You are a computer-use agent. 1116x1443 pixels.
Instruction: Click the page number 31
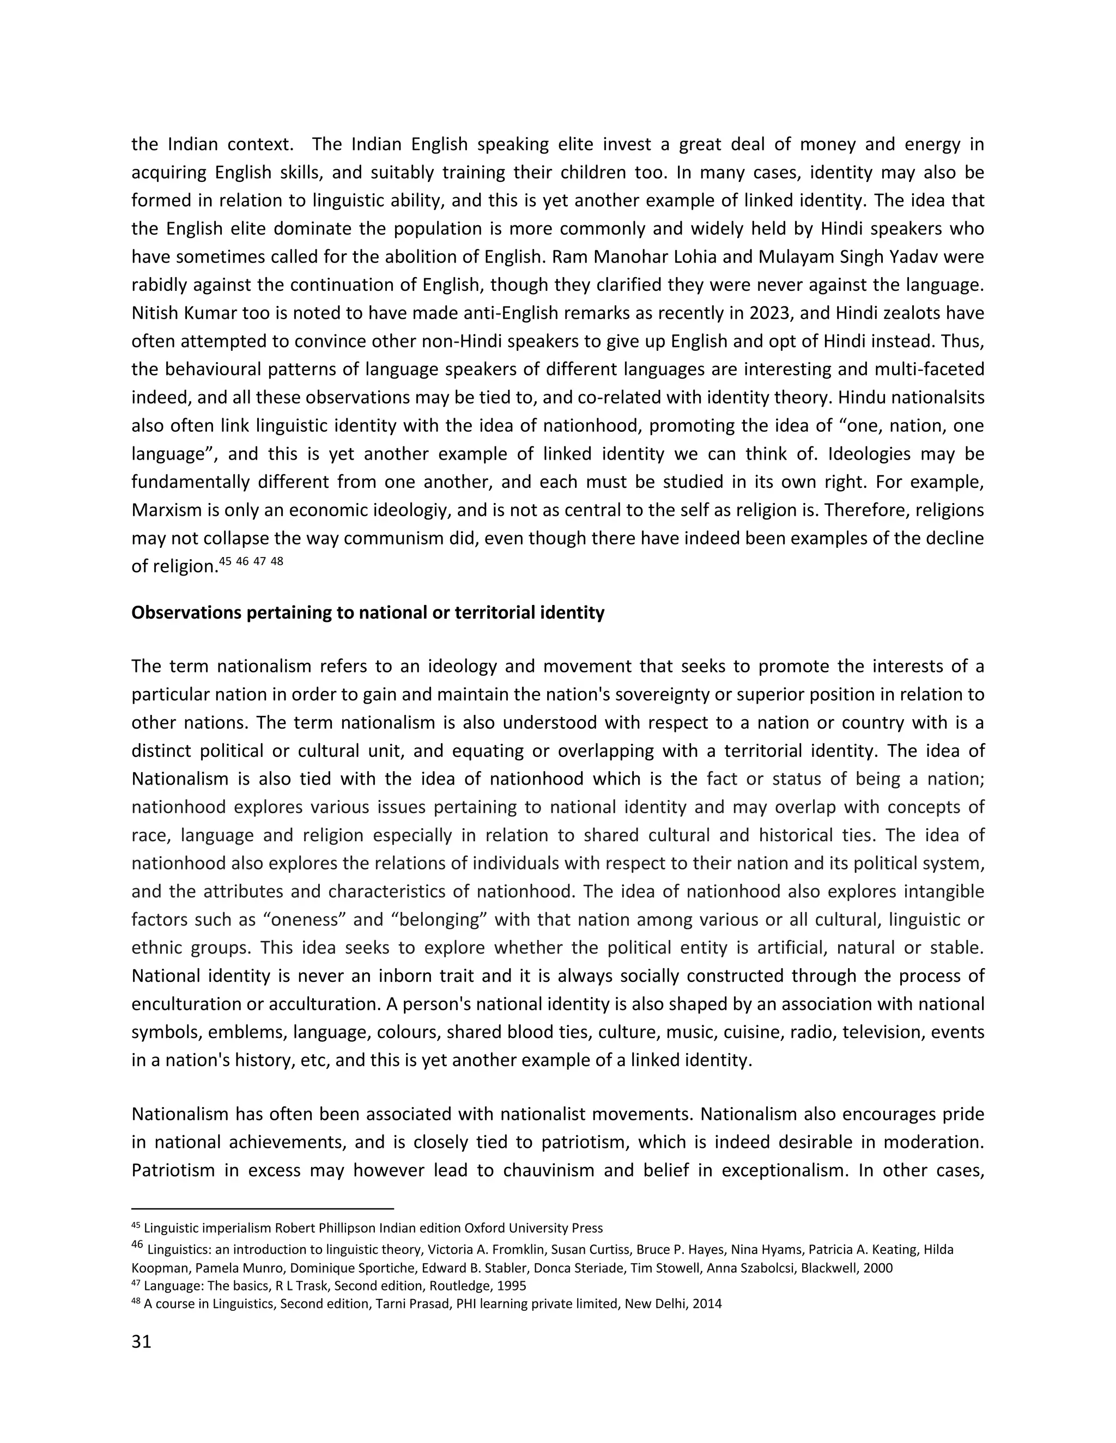(142, 1342)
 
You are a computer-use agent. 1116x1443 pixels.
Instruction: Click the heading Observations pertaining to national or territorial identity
(368, 613)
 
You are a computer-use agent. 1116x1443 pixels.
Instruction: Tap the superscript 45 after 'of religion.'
(226, 561)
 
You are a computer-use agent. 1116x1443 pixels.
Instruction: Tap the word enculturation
(186, 1004)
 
